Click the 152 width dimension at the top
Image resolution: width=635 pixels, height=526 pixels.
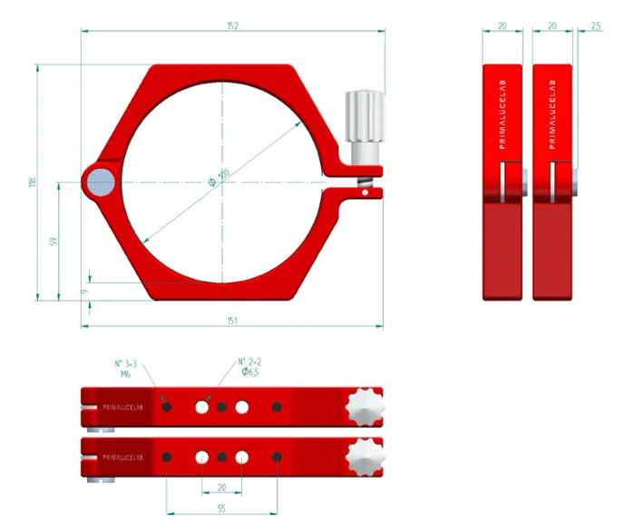click(x=232, y=26)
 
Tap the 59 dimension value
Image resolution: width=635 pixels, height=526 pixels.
click(x=53, y=242)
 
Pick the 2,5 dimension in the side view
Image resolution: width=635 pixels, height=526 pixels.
click(x=595, y=26)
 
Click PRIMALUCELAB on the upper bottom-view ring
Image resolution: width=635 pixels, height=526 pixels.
click(x=122, y=408)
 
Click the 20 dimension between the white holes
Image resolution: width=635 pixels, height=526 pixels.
click(x=221, y=488)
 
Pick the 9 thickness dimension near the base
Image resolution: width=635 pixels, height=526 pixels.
click(x=83, y=292)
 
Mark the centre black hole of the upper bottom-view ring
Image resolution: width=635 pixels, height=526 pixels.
click(x=221, y=407)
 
